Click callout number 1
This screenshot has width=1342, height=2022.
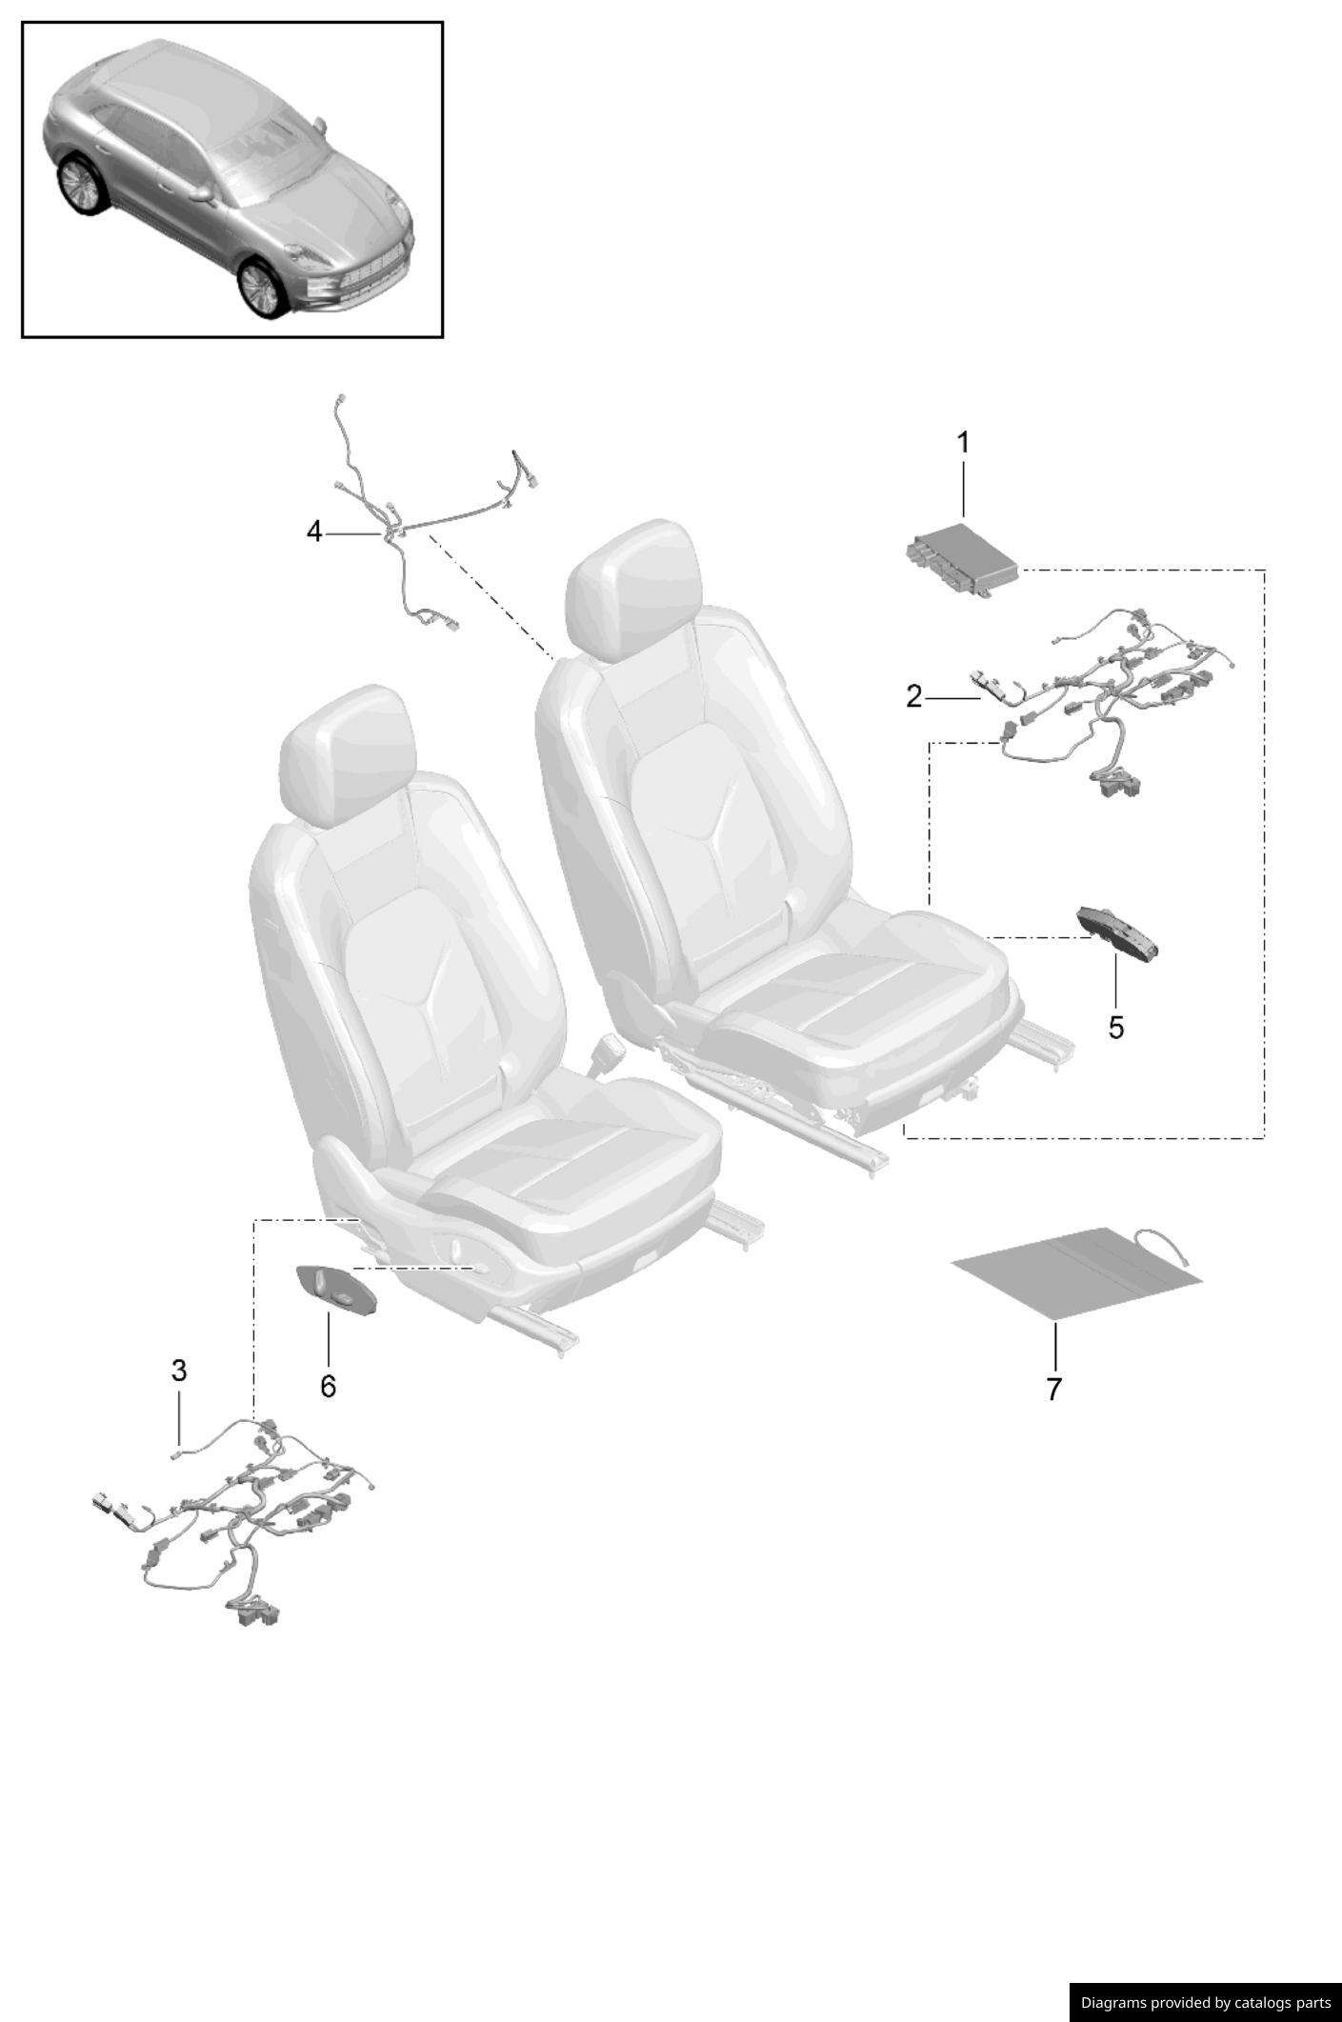click(x=963, y=443)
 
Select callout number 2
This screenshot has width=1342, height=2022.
click(x=913, y=697)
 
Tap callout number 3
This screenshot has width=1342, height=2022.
click(x=179, y=1371)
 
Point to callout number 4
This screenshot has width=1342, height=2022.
click(x=314, y=531)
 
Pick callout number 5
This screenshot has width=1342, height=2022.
click(x=1115, y=1028)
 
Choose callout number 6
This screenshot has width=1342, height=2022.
click(x=328, y=1386)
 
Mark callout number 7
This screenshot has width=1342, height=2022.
click(x=1053, y=1389)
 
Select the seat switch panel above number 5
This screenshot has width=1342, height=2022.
click(x=1117, y=932)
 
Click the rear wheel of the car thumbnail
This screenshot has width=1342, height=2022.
click(x=79, y=184)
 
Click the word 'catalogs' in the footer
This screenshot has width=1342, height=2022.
click(x=1254, y=2003)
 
